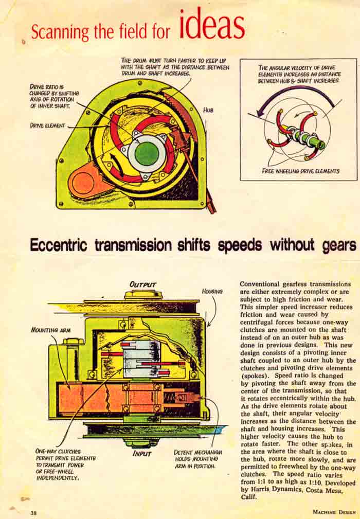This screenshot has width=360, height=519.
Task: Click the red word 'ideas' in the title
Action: [212, 24]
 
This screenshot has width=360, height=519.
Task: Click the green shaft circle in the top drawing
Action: [146, 154]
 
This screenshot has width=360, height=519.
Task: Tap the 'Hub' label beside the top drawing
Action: [208, 110]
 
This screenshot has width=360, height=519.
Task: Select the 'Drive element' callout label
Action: [48, 126]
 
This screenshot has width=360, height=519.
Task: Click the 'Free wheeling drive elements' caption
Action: [300, 171]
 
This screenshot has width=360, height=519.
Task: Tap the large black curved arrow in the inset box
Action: [291, 94]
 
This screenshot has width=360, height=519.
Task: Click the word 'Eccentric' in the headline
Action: [59, 245]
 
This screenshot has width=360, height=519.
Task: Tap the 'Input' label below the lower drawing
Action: [141, 453]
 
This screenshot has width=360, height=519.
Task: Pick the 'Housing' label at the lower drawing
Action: [212, 292]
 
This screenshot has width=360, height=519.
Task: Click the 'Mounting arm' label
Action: [50, 330]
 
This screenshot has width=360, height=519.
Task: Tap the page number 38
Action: [33, 513]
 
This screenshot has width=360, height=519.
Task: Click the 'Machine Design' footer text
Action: [334, 512]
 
